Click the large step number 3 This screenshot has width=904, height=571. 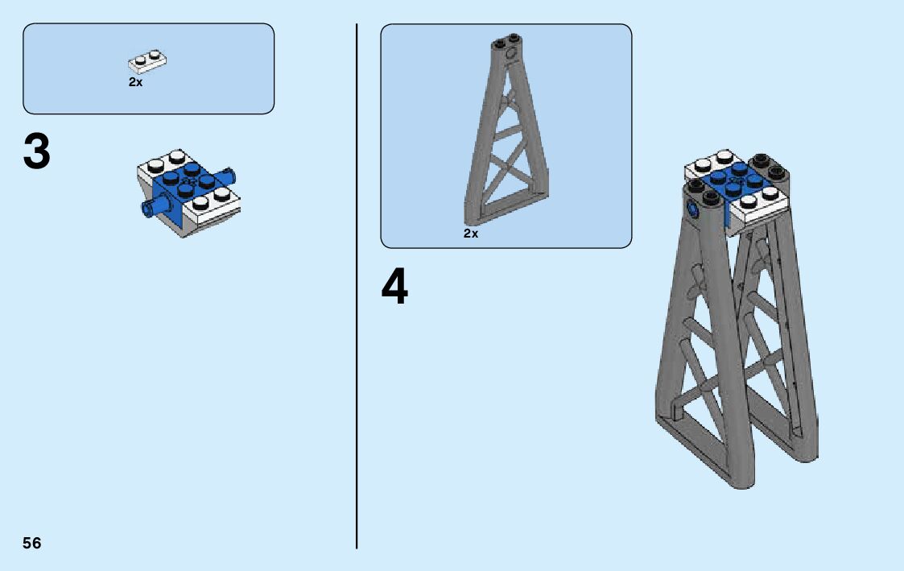(37, 151)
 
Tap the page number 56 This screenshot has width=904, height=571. (32, 543)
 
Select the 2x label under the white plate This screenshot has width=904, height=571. (135, 82)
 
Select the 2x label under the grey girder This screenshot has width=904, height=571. (471, 233)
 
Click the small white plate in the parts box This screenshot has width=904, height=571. (147, 61)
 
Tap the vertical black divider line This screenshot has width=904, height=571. (357, 286)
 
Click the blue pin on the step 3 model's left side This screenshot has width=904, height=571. (154, 207)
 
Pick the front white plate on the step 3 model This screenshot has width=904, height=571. (211, 205)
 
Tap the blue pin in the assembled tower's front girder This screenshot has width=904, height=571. (691, 210)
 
